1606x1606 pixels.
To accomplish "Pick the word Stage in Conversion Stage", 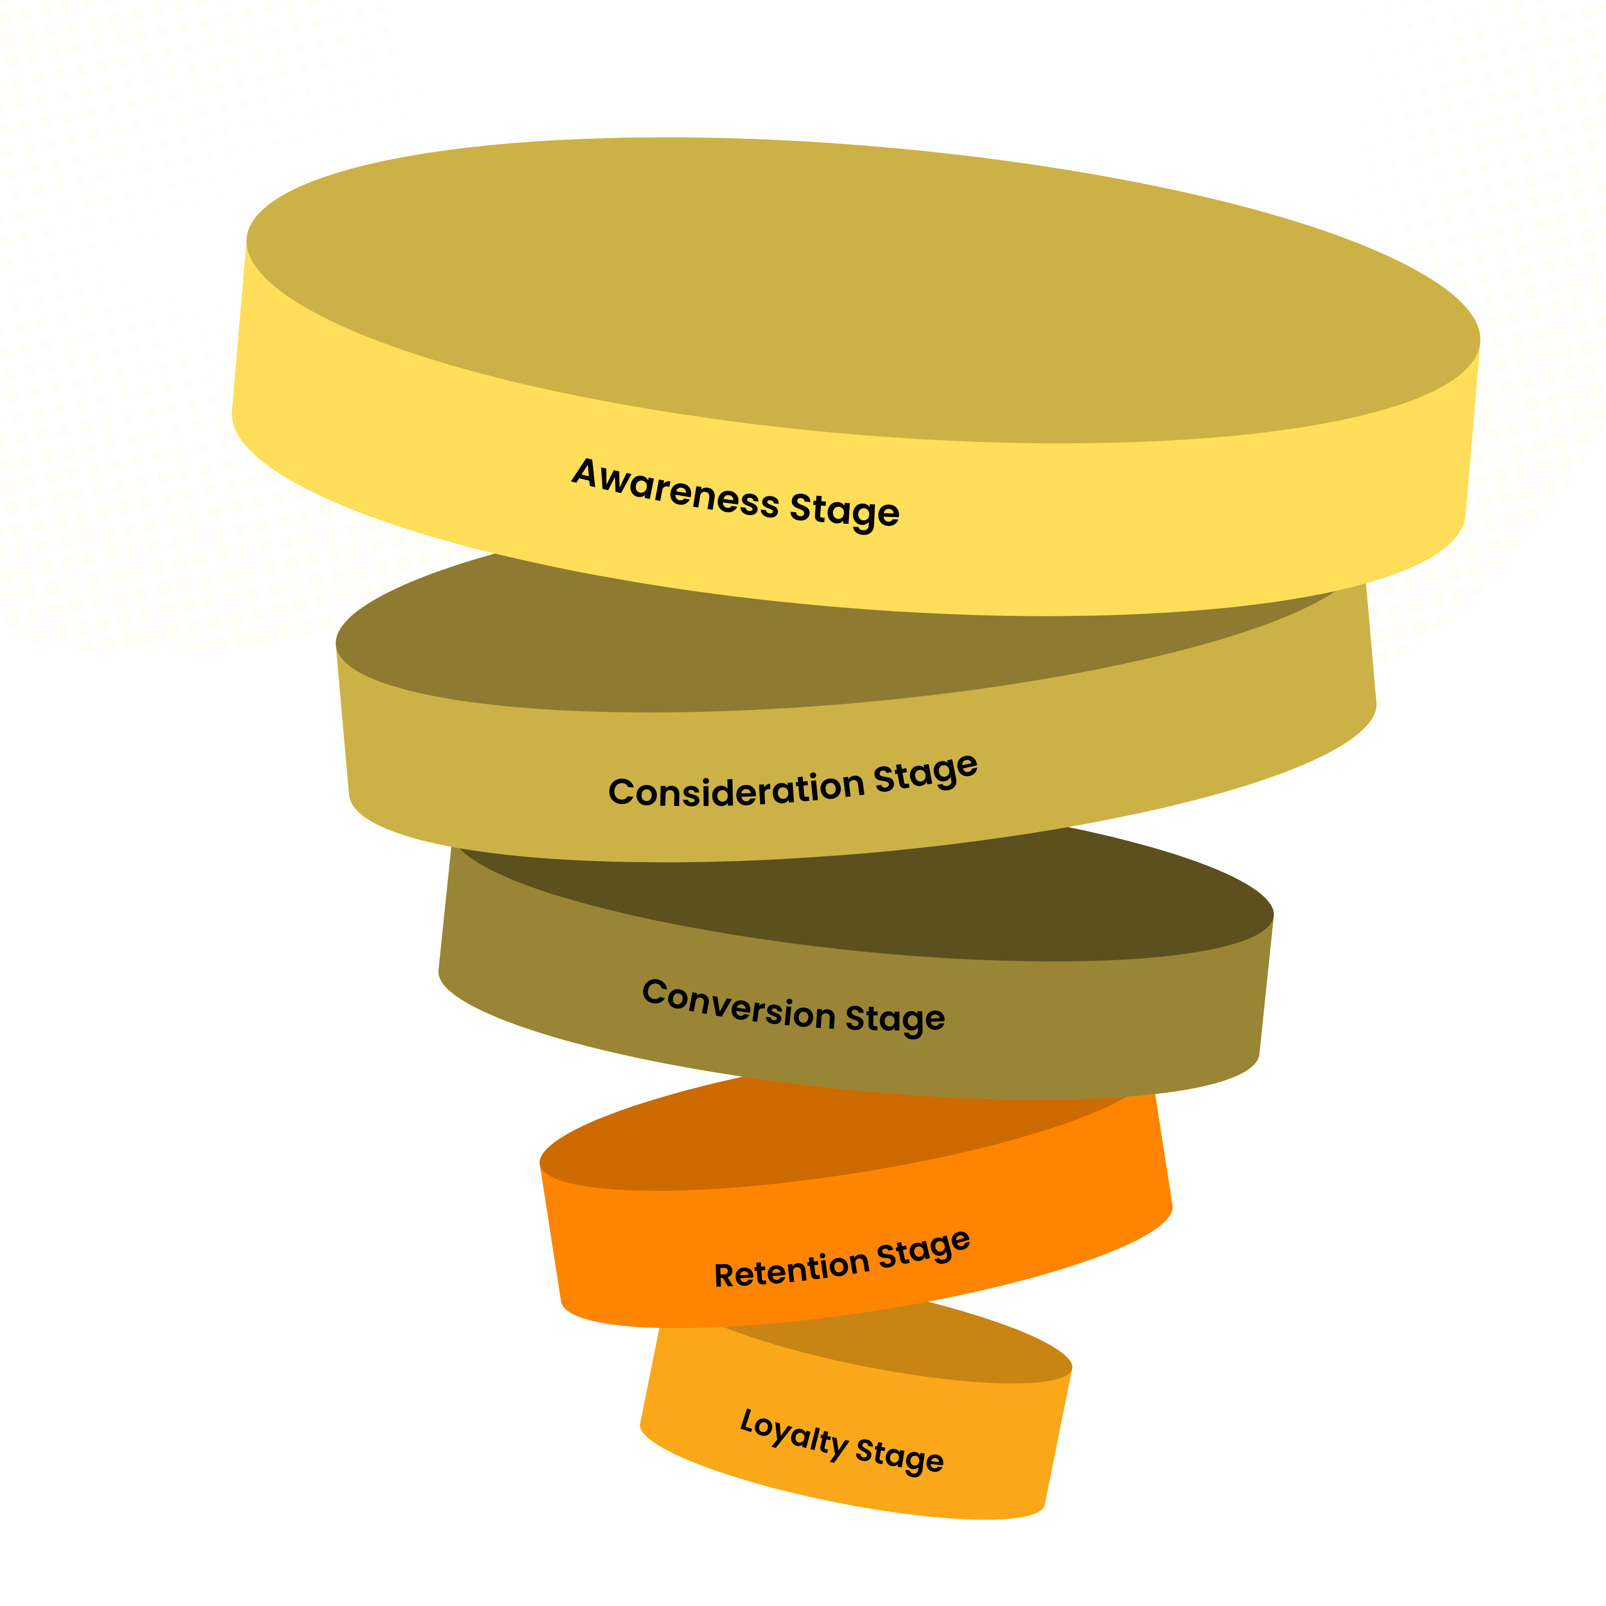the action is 895,1019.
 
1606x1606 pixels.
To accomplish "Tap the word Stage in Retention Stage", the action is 923,1248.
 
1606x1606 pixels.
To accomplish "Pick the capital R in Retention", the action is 725,1275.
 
